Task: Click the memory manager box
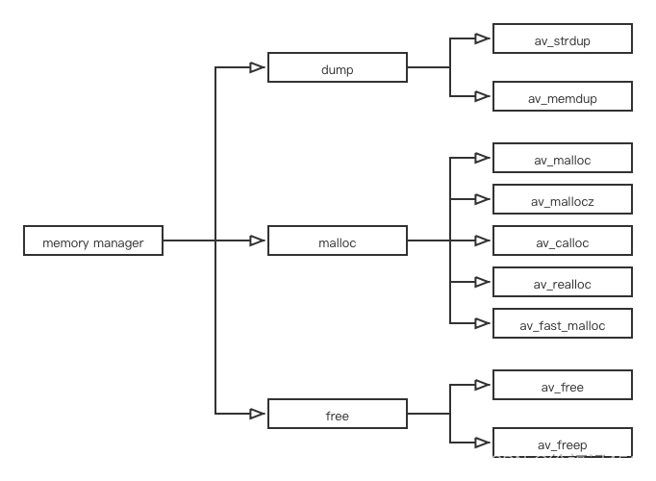coord(92,241)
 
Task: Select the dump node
coord(337,68)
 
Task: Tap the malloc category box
coord(337,241)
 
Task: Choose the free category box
coord(337,415)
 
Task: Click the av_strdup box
coord(562,39)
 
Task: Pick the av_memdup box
coord(562,97)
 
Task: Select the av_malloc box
coord(562,159)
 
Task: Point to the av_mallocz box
coord(562,200)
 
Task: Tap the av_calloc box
coord(562,241)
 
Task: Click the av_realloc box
coord(562,283)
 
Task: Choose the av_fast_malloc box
coord(562,324)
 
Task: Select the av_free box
coord(562,386)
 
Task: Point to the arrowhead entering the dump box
coord(257,68)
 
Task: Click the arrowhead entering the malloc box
coord(257,241)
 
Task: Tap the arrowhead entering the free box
coord(257,415)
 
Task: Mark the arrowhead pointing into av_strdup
coord(482,39)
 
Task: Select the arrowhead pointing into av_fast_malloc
coord(482,324)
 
